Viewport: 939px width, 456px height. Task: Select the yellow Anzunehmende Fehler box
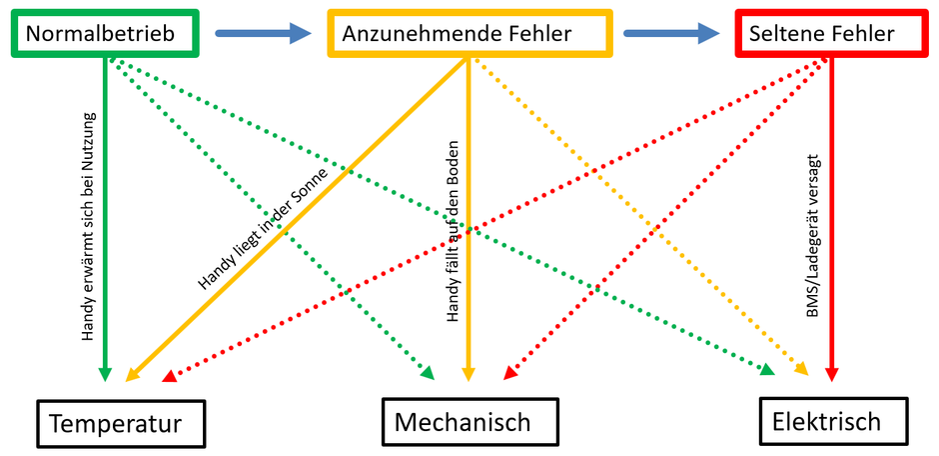pos(469,33)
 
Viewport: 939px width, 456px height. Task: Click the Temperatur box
pos(120,423)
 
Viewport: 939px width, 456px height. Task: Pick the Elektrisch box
pos(832,420)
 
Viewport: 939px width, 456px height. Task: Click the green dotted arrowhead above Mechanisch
pos(428,373)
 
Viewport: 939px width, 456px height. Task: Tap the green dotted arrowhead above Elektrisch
pos(767,370)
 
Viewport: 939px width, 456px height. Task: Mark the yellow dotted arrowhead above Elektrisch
pos(802,371)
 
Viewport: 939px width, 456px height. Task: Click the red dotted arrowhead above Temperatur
pos(169,376)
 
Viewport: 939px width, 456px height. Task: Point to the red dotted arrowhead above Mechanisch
pos(509,374)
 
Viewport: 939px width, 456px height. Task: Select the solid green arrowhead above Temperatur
pos(105,374)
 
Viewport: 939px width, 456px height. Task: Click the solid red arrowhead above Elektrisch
pos(831,374)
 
